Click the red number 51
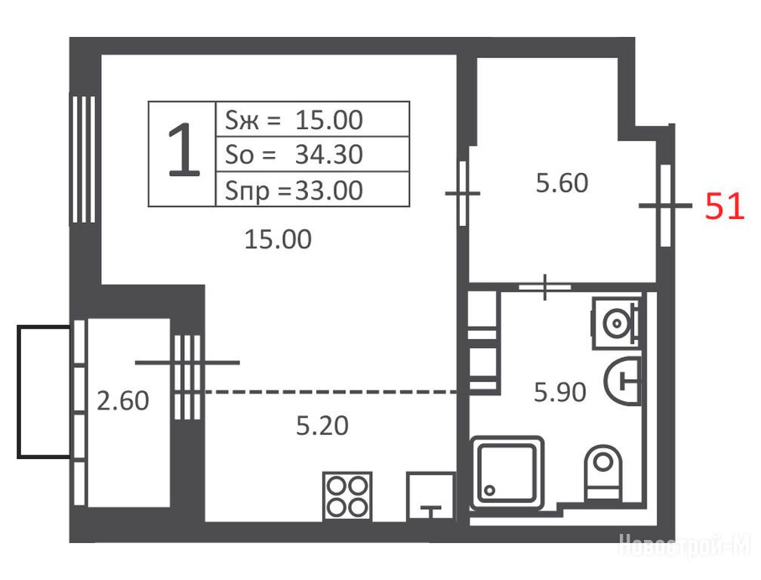(x=724, y=205)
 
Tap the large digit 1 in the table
(x=183, y=150)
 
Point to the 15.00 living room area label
(x=278, y=239)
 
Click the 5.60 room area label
(x=562, y=183)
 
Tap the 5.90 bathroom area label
(x=560, y=392)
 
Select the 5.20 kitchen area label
(x=322, y=426)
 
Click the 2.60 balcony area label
(x=123, y=401)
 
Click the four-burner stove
(x=347, y=496)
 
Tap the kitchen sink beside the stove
(x=431, y=496)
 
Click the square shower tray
(x=507, y=473)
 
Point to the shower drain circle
(x=490, y=491)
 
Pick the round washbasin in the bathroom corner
(x=616, y=322)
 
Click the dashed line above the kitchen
(x=331, y=391)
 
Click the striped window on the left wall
(x=84, y=159)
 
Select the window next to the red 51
(x=666, y=205)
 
